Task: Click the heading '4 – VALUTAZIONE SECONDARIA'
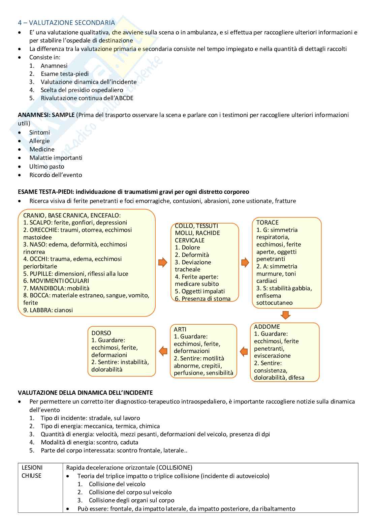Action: click(66, 23)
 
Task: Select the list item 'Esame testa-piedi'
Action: click(65, 74)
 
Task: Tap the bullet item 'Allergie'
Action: click(39, 141)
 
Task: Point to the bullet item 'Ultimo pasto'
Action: click(46, 167)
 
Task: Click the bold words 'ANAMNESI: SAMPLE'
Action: click(46, 115)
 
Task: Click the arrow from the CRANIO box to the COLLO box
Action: click(163, 262)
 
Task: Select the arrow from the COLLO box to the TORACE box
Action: click(245, 262)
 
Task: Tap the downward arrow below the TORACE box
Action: click(285, 315)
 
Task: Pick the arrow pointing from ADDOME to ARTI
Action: click(244, 352)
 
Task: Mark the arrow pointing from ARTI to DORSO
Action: click(163, 351)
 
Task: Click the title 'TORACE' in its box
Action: click(267, 223)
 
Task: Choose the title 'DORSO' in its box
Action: click(101, 333)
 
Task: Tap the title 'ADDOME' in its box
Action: click(267, 327)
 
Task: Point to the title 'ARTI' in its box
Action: click(180, 329)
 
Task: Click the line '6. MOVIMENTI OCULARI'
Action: click(56, 281)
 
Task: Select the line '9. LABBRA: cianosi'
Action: click(48, 310)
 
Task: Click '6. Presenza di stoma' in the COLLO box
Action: click(203, 299)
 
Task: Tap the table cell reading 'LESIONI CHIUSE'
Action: click(32, 472)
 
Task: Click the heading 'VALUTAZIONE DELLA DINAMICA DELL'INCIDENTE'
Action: click(85, 393)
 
